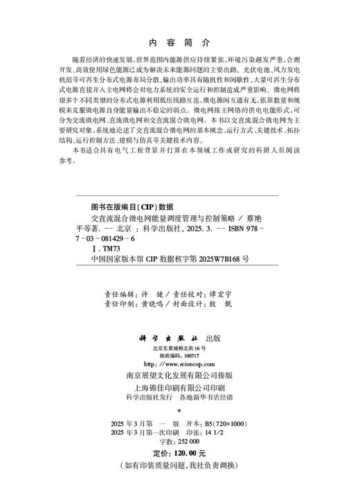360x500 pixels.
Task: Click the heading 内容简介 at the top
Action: tap(179, 41)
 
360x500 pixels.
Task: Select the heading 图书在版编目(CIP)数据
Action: tap(123, 206)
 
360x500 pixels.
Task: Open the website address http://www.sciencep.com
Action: tap(179, 363)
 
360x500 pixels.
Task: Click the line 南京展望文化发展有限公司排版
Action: tap(179, 375)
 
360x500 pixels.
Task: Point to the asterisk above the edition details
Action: tap(179, 410)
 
